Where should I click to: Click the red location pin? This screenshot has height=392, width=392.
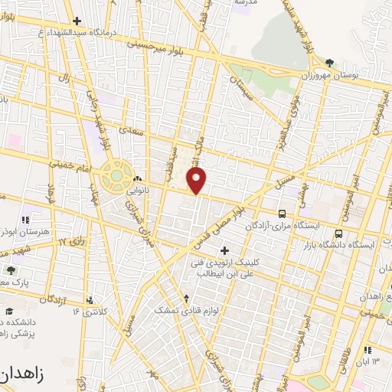pos(197,181)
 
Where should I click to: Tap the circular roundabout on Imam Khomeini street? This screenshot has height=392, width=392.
pos(116,176)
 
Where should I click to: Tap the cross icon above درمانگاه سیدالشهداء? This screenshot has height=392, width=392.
pos(76,21)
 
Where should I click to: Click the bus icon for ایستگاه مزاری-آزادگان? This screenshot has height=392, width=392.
pos(283,214)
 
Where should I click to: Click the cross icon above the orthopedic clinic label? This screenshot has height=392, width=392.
pos(224,250)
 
